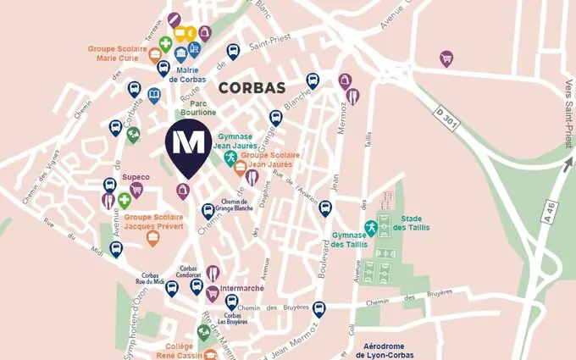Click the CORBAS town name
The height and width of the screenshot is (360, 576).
[252, 87]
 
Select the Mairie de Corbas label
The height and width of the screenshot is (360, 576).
[187, 75]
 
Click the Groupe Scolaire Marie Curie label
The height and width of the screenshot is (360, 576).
[124, 53]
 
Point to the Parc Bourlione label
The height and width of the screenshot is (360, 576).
[197, 108]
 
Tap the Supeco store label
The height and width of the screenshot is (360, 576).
[136, 177]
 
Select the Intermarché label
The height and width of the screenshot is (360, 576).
[242, 288]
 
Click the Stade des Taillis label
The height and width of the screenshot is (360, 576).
[412, 222]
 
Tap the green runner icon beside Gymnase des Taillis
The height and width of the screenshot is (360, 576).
[370, 227]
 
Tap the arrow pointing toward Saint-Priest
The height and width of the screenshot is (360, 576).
[565, 161]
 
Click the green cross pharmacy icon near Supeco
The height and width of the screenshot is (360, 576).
[125, 200]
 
